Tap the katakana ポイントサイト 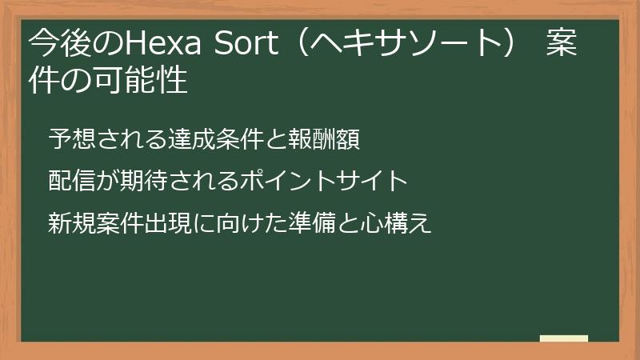point(324,182)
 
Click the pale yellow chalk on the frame point(563,339)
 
